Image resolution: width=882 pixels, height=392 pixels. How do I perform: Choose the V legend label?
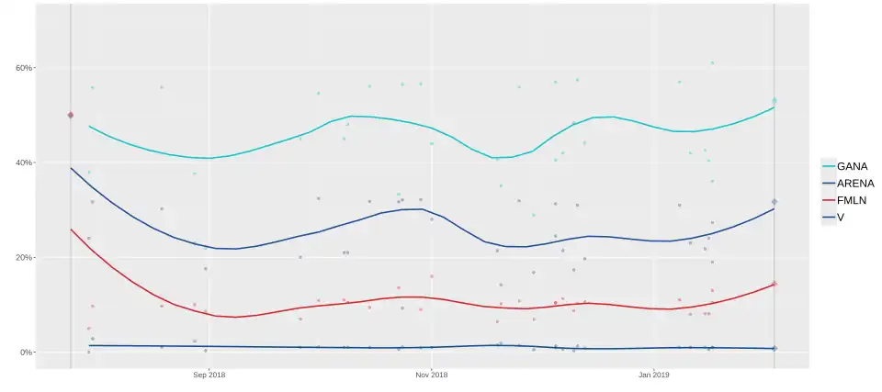[x=841, y=216]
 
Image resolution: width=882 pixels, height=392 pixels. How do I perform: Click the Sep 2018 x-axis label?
[x=209, y=375]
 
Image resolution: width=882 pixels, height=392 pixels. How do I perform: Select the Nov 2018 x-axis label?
[x=432, y=375]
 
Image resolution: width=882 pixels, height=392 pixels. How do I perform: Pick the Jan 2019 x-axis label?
[x=654, y=375]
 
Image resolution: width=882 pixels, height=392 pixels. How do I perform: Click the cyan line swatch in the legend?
[x=829, y=166]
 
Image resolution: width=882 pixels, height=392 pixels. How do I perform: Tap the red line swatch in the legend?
[x=829, y=199]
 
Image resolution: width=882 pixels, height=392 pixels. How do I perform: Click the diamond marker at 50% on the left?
[x=71, y=115]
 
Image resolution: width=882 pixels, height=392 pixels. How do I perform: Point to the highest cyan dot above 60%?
[x=712, y=62]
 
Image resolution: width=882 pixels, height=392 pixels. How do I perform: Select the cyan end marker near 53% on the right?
[x=775, y=100]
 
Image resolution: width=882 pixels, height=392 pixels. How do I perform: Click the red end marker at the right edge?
[x=775, y=284]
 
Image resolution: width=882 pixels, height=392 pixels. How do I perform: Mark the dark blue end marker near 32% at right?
[x=775, y=202]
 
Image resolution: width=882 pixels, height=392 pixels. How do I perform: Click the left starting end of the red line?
[x=71, y=230]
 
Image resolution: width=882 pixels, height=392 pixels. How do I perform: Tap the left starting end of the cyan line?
[x=89, y=126]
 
